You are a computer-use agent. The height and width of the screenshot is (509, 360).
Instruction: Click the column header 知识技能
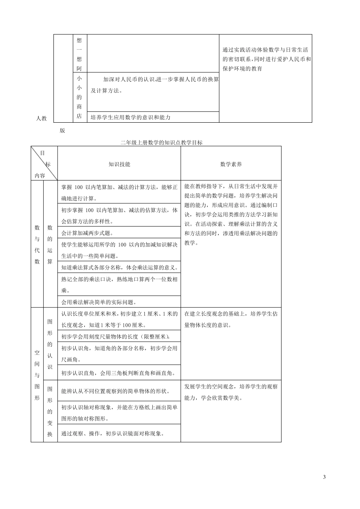coord(119,164)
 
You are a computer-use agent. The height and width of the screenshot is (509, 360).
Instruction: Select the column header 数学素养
coord(231,164)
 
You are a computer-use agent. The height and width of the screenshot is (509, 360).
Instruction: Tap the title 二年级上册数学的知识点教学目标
coord(161,143)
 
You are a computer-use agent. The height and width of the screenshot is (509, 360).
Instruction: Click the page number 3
coord(324,477)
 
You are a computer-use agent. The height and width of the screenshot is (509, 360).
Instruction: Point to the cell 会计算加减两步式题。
coord(87,233)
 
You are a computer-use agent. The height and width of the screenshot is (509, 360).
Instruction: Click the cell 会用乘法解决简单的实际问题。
coord(99,302)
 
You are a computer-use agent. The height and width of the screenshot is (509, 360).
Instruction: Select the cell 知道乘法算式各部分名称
coord(119,267)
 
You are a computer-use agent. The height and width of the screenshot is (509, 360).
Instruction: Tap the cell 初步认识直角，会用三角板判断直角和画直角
coord(118,373)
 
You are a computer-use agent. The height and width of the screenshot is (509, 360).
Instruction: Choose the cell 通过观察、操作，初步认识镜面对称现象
coord(112,434)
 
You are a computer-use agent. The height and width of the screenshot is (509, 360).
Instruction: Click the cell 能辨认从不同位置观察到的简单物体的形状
coord(115,391)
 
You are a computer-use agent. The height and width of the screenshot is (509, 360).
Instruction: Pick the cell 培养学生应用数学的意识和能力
coord(131,117)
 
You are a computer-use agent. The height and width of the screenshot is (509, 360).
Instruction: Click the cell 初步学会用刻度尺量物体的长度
coord(115,336)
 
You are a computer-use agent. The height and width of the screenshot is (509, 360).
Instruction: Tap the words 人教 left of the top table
coord(41,119)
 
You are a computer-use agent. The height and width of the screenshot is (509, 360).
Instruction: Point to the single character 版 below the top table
coord(63,131)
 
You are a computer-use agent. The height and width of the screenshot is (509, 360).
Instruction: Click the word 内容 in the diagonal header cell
coord(39,175)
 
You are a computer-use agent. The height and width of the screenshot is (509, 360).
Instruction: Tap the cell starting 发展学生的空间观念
coord(231,392)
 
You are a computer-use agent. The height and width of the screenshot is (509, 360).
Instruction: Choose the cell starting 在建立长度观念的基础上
coord(231,319)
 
